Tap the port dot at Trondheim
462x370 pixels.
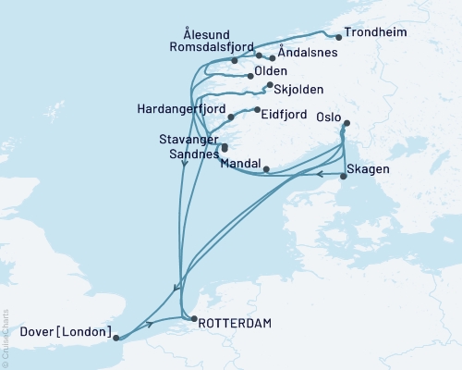[339, 38]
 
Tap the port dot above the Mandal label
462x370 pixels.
[266, 169]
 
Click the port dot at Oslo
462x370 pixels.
[346, 124]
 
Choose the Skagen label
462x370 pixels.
[371, 170]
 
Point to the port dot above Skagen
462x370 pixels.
[343, 176]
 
